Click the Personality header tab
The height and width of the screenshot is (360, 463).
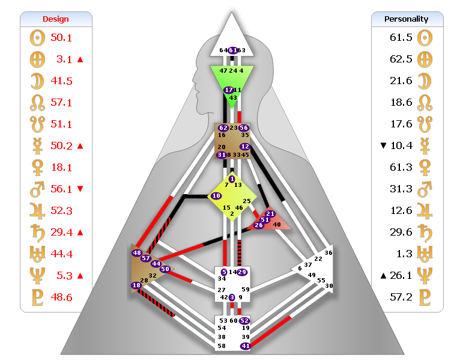[407, 19]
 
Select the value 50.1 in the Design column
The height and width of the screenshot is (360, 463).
[61, 37]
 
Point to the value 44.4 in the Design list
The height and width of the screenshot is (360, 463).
[61, 254]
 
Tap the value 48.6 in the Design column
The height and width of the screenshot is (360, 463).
[61, 297]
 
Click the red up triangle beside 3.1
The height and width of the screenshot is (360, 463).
[80, 59]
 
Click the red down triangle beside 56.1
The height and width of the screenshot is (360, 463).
[80, 189]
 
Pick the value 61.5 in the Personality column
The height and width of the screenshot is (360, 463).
[401, 37]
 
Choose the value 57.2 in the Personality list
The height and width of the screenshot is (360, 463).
[401, 297]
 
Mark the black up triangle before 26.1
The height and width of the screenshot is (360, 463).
[383, 275]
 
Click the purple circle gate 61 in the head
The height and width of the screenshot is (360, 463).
[233, 50]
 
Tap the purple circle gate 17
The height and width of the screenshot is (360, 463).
[228, 90]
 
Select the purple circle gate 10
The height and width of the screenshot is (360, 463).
[216, 196]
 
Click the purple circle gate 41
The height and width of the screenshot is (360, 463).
[245, 346]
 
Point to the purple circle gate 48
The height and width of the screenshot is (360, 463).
[137, 253]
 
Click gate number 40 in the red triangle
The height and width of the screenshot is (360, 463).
[276, 224]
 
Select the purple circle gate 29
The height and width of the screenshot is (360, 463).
[242, 272]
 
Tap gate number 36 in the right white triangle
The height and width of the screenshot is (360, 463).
[328, 253]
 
